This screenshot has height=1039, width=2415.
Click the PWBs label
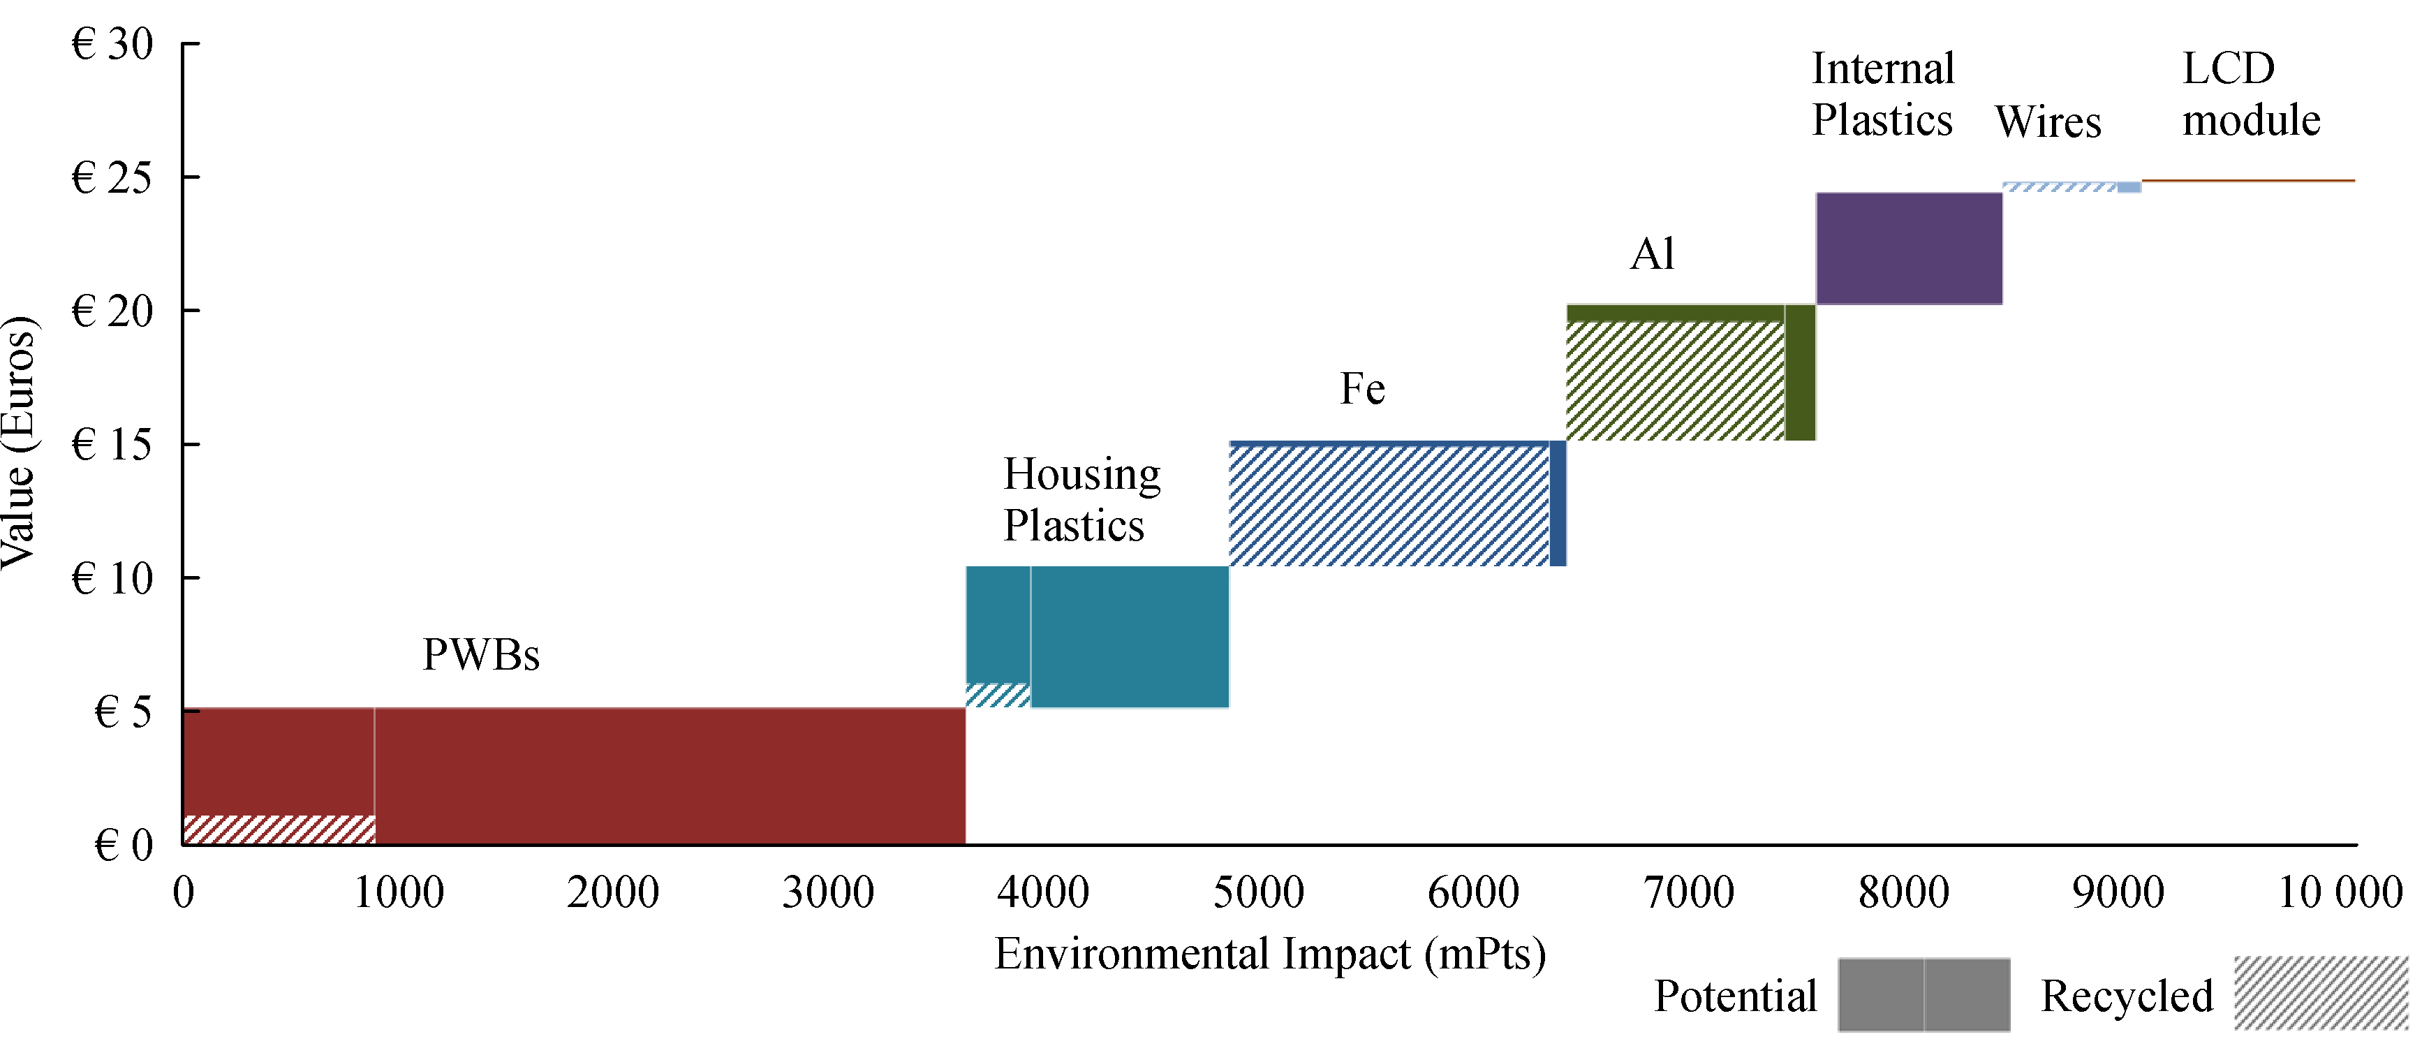[481, 654]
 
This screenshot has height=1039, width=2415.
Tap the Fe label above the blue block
[1361, 388]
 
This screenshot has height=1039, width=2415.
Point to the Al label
[1652, 253]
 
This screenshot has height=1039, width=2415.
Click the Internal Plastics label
[1882, 94]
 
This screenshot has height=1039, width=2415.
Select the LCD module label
[2250, 94]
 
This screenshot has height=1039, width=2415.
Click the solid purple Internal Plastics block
[1909, 249]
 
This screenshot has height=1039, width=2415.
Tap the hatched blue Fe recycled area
[1387, 506]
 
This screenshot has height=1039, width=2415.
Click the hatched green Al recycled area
[1674, 381]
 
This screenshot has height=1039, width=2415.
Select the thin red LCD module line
[2247, 180]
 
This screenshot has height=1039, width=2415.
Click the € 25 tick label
[112, 177]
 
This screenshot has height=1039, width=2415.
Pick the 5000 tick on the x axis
[1258, 892]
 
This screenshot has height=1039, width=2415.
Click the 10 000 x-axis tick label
[2339, 892]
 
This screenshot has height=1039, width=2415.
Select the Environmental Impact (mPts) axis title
[1269, 954]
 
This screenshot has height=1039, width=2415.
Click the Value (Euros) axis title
[19, 443]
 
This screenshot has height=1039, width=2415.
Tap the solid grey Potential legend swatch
[1923, 995]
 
